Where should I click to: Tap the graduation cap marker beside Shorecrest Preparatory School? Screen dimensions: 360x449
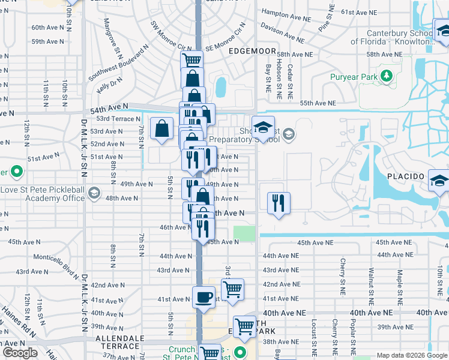pyautogui.click(x=263, y=127)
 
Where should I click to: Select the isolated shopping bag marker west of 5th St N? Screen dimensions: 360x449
pyautogui.click(x=162, y=129)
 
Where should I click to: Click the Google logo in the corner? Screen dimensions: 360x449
pyautogui.click(x=20, y=353)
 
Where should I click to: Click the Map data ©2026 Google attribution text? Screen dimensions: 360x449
pyautogui.click(x=411, y=355)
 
